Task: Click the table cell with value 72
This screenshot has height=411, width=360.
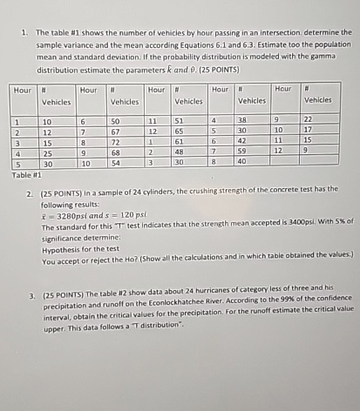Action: [x=115, y=140]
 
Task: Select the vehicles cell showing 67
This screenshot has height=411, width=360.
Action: [x=115, y=130]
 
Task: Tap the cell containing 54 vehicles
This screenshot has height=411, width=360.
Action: [x=115, y=163]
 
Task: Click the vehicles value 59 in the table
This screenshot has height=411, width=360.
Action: [x=245, y=152]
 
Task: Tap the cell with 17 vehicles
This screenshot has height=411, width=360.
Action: [x=307, y=130]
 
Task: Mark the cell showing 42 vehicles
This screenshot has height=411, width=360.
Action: [x=245, y=140]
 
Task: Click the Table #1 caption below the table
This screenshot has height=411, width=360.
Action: [x=26, y=173]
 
